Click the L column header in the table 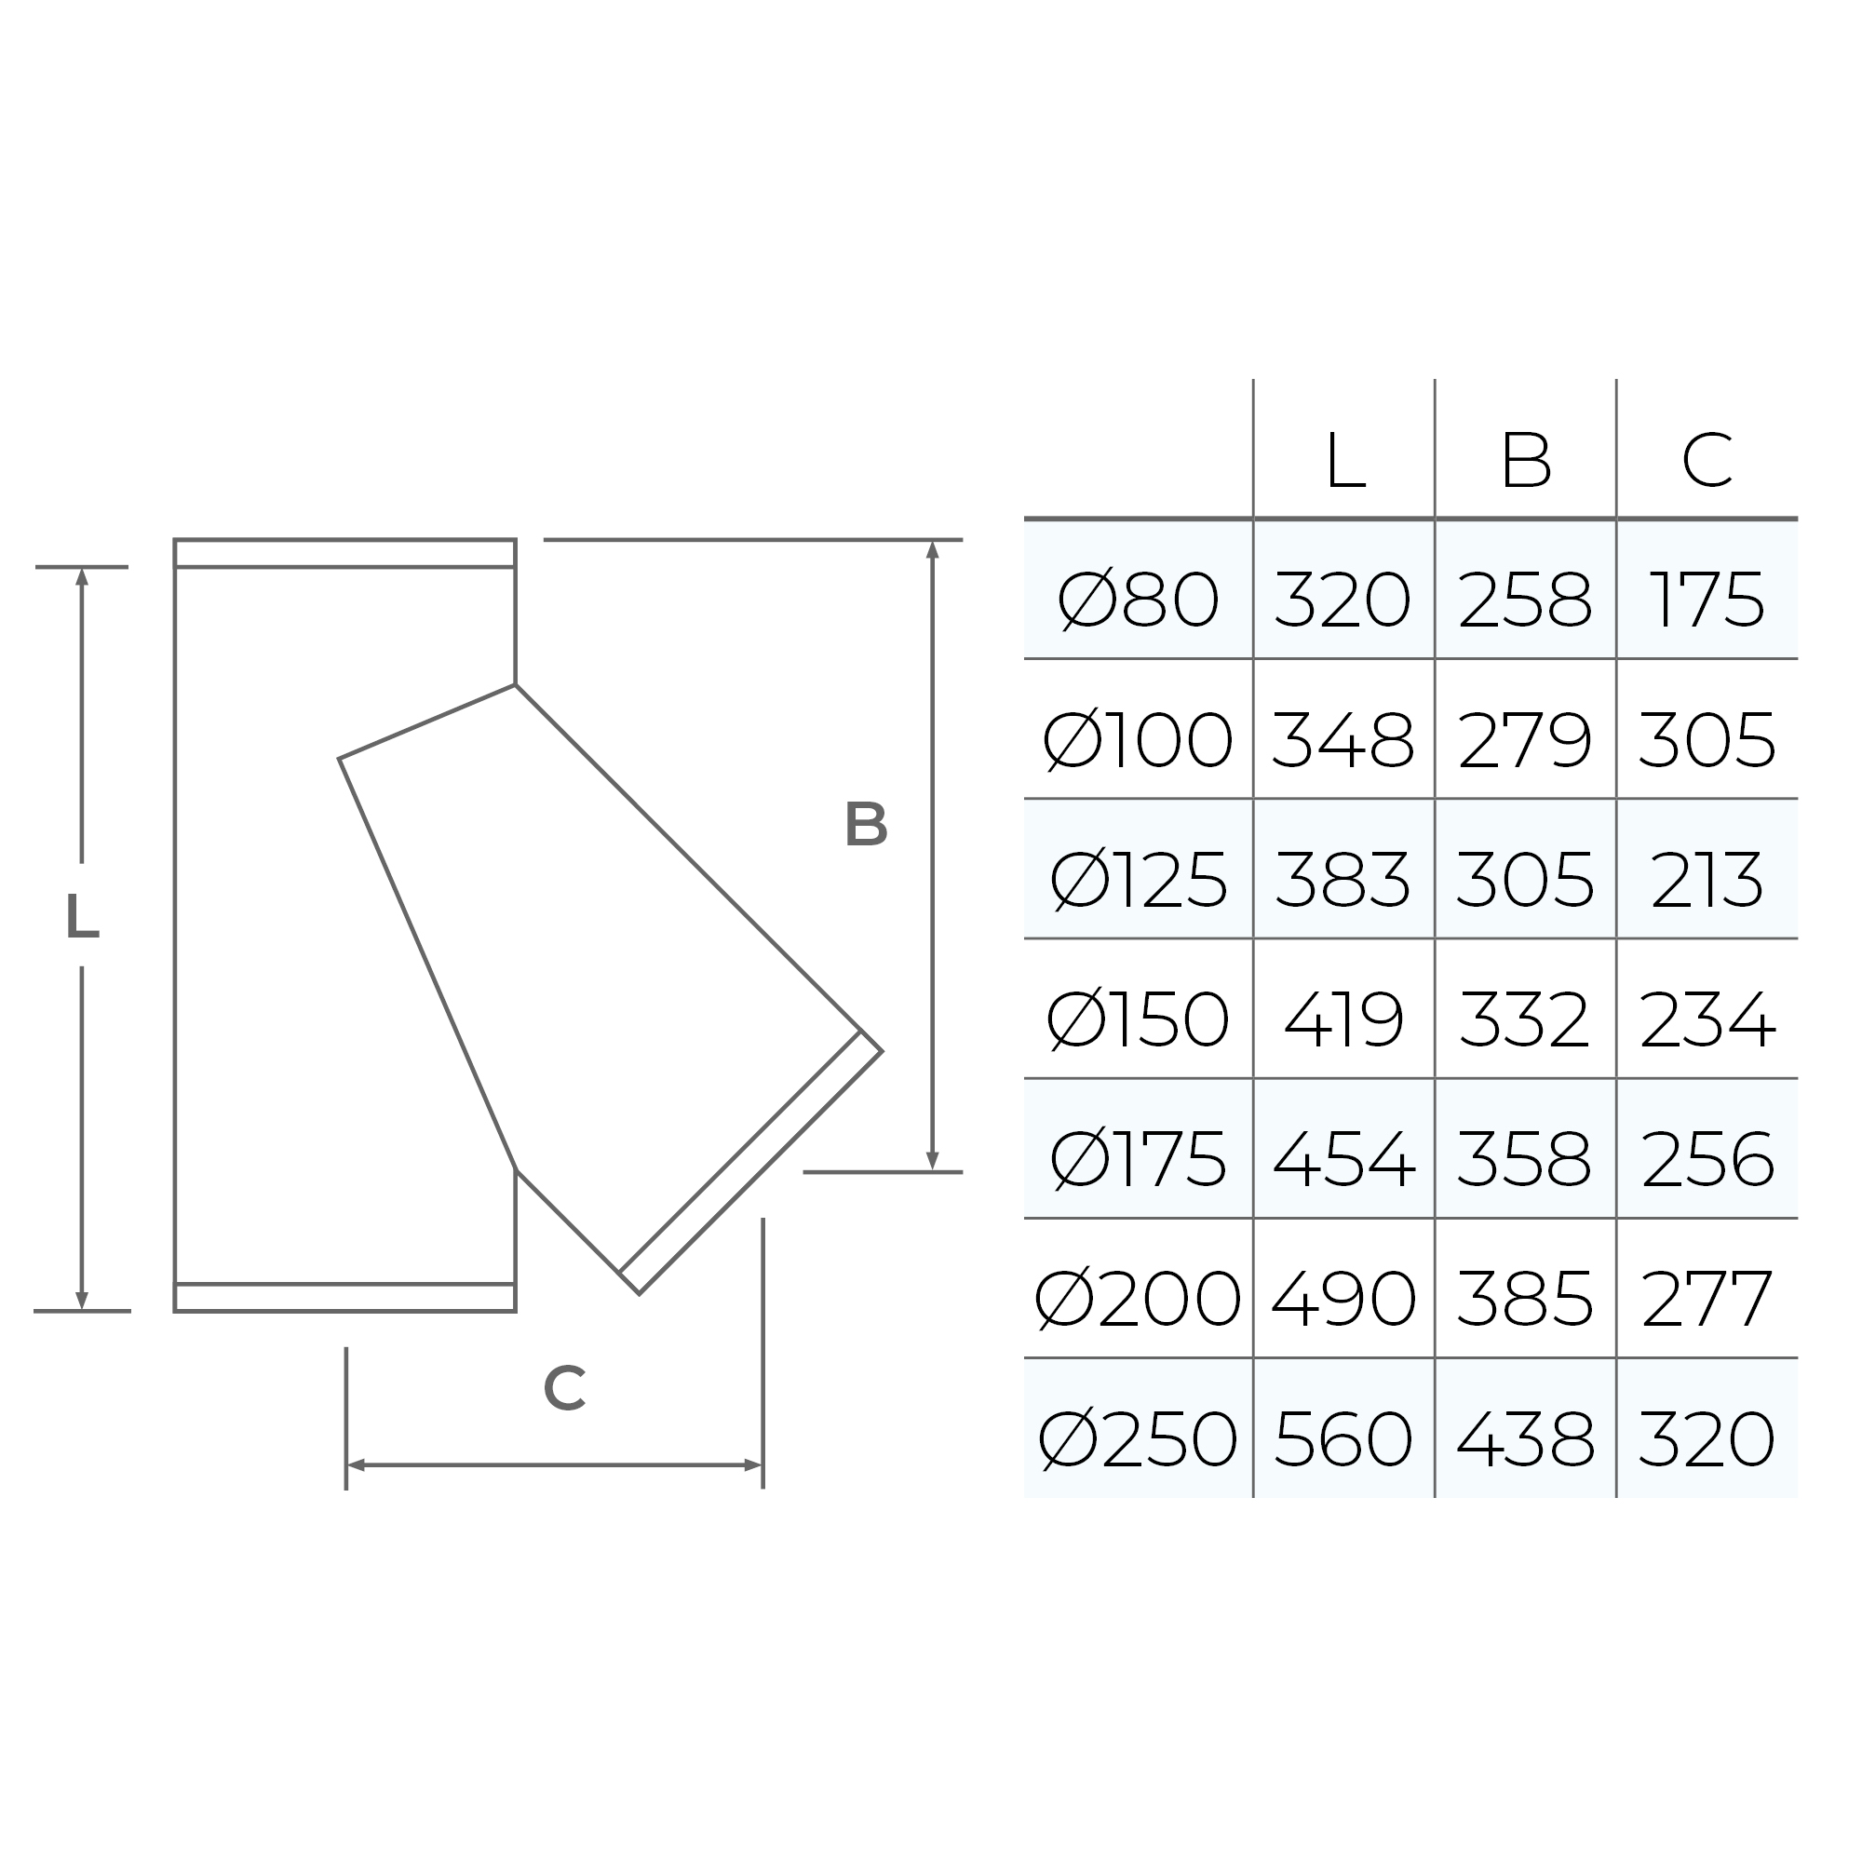click(x=1344, y=461)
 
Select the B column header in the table click(x=1526, y=461)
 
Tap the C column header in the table click(x=1707, y=461)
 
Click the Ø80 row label click(x=1139, y=600)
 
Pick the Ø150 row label click(x=1139, y=1019)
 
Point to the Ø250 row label click(x=1139, y=1439)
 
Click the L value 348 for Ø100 click(x=1343, y=740)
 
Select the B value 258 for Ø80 click(x=1525, y=600)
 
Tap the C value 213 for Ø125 click(x=1707, y=880)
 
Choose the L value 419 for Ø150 click(x=1343, y=1019)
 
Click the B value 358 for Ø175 click(x=1525, y=1158)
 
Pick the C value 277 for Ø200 click(x=1707, y=1299)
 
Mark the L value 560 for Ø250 click(x=1343, y=1439)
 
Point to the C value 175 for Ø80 click(x=1707, y=600)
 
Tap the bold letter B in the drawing click(x=866, y=825)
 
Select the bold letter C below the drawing click(x=564, y=1389)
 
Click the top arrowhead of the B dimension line click(x=932, y=549)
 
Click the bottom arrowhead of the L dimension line click(x=82, y=1302)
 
